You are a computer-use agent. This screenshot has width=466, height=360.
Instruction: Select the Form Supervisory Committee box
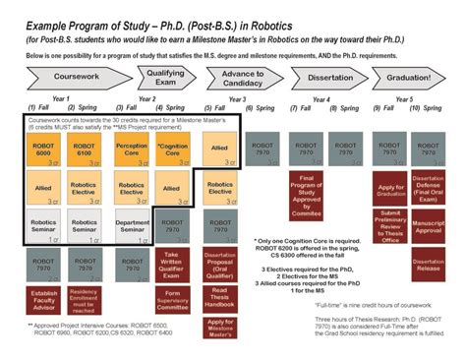point(172,300)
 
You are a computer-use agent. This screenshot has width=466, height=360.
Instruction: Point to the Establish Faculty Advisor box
point(43,299)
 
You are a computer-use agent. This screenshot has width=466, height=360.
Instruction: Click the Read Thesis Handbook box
point(220,299)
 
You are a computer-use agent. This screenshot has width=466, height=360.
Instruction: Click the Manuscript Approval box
point(429,229)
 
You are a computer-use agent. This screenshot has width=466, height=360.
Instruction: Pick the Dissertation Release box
point(429,264)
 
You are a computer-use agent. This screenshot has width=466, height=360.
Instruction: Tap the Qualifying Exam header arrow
point(165,78)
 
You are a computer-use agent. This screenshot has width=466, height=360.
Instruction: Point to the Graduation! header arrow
point(407,78)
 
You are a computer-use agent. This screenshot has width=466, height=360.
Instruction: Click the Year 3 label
point(237,98)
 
